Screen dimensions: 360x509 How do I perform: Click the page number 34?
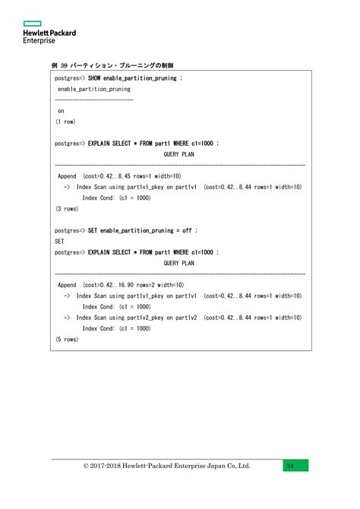(292, 466)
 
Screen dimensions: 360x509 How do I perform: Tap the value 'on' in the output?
(61, 110)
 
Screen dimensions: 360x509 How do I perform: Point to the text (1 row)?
(65, 122)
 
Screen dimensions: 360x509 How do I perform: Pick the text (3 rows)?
(67, 208)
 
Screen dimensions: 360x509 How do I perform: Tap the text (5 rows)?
(67, 340)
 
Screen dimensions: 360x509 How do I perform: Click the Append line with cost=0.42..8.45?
(120, 175)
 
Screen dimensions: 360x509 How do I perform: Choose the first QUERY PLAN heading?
(179, 153)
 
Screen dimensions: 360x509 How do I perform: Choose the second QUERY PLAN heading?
(179, 263)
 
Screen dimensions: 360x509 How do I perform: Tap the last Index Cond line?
(116, 328)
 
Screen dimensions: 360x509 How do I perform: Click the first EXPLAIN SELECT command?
(153, 143)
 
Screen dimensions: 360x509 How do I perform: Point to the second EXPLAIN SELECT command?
(153, 252)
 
